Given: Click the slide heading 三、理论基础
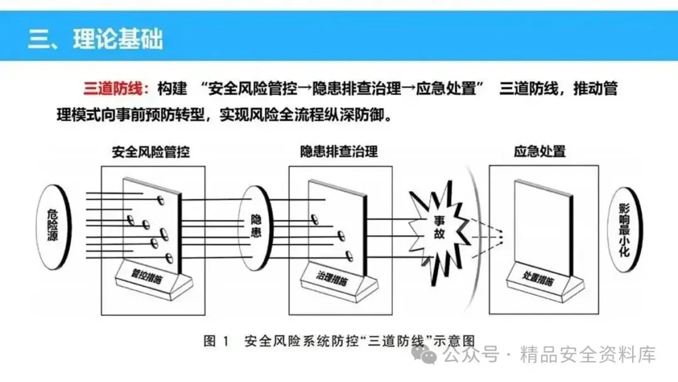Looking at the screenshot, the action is [x=95, y=38].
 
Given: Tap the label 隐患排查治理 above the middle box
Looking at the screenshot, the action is [x=339, y=152].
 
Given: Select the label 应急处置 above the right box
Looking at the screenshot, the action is [x=539, y=152].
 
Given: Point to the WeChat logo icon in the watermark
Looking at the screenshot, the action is [x=429, y=356].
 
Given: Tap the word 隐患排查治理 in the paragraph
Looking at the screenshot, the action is [x=347, y=88].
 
